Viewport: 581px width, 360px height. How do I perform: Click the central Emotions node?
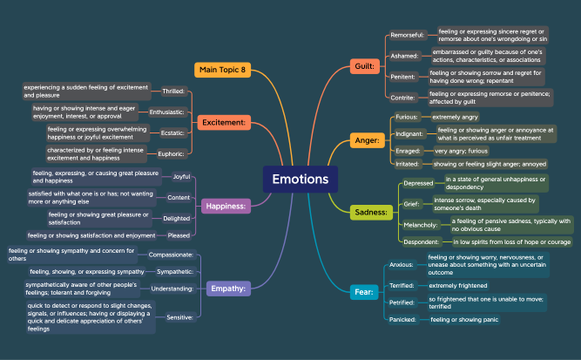click(300, 180)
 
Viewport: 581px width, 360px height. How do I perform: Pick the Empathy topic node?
click(228, 287)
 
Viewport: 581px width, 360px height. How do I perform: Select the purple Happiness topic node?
click(226, 206)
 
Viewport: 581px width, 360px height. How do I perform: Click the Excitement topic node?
click(224, 123)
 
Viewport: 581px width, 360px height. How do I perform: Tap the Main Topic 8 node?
click(223, 70)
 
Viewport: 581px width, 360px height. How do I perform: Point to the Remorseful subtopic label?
click(408, 36)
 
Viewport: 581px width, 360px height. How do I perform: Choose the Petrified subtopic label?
click(402, 302)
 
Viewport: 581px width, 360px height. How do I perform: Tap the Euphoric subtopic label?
click(172, 153)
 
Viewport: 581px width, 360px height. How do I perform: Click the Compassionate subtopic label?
click(172, 255)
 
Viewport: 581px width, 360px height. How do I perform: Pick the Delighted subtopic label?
click(176, 218)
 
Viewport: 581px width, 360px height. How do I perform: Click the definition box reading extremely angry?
click(456, 116)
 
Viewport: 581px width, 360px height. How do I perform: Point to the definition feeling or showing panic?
click(464, 320)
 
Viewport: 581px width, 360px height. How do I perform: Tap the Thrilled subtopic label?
click(173, 91)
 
